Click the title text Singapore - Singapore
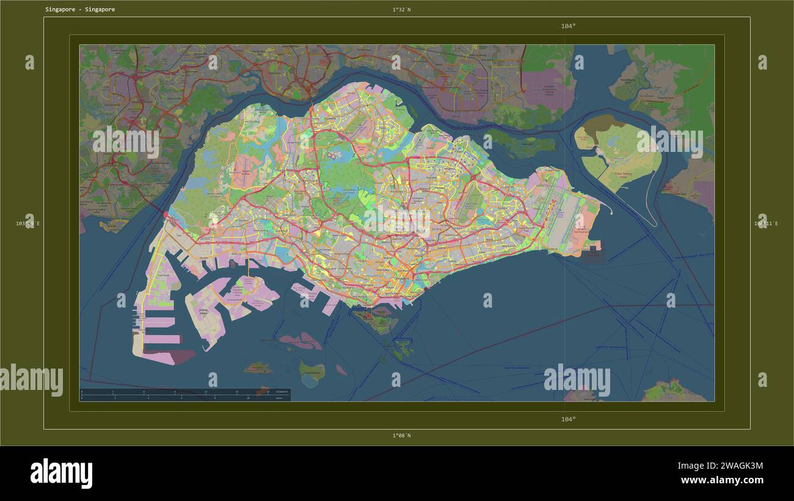[x=79, y=10]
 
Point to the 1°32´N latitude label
[x=401, y=10]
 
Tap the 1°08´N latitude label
[x=401, y=436]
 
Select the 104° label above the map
[x=568, y=26]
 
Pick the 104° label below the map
[x=568, y=419]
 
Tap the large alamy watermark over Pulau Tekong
[x=669, y=143]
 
